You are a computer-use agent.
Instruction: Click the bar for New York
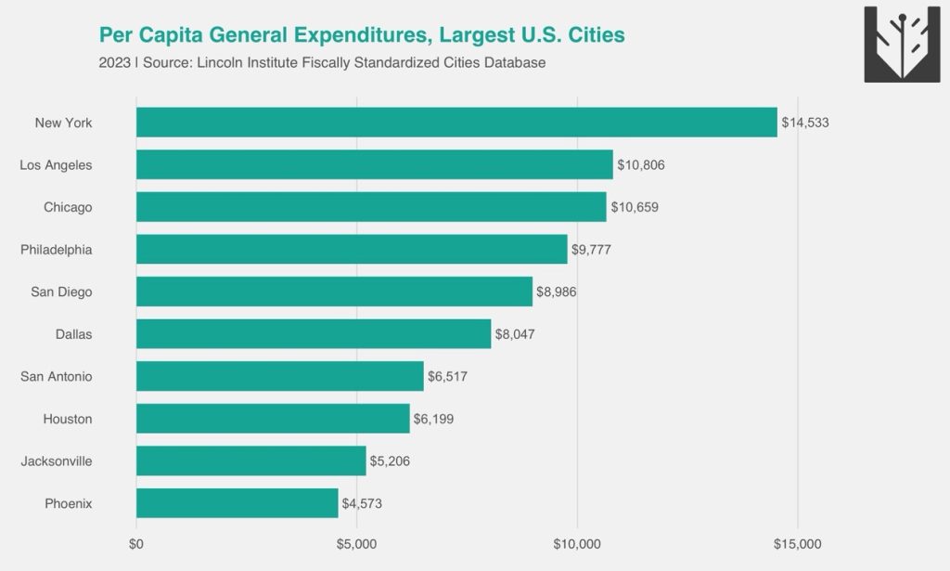456,123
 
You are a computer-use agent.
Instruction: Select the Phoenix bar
237,503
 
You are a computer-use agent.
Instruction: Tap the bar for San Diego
334,292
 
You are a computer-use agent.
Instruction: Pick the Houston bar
273,419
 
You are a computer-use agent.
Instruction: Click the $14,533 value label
805,123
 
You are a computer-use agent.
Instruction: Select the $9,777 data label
591,250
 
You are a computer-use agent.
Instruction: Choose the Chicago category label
68,207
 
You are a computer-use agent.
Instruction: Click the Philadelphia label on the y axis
57,250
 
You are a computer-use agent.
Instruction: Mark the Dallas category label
74,334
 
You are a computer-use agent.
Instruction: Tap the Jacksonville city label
57,461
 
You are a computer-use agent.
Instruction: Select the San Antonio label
57,377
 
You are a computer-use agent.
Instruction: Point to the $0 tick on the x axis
136,544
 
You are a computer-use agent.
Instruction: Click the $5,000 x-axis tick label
357,544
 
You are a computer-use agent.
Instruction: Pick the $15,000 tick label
798,544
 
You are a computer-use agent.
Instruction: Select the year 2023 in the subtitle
114,63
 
